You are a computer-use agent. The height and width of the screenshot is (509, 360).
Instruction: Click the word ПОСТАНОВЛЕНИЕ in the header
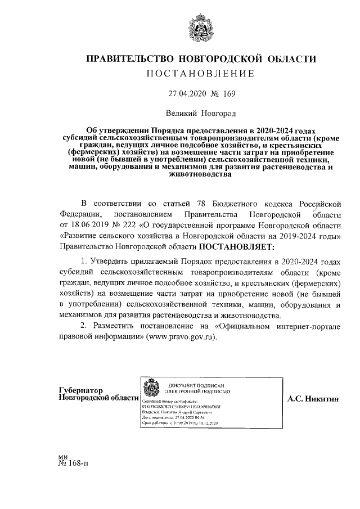[x=200, y=74]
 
